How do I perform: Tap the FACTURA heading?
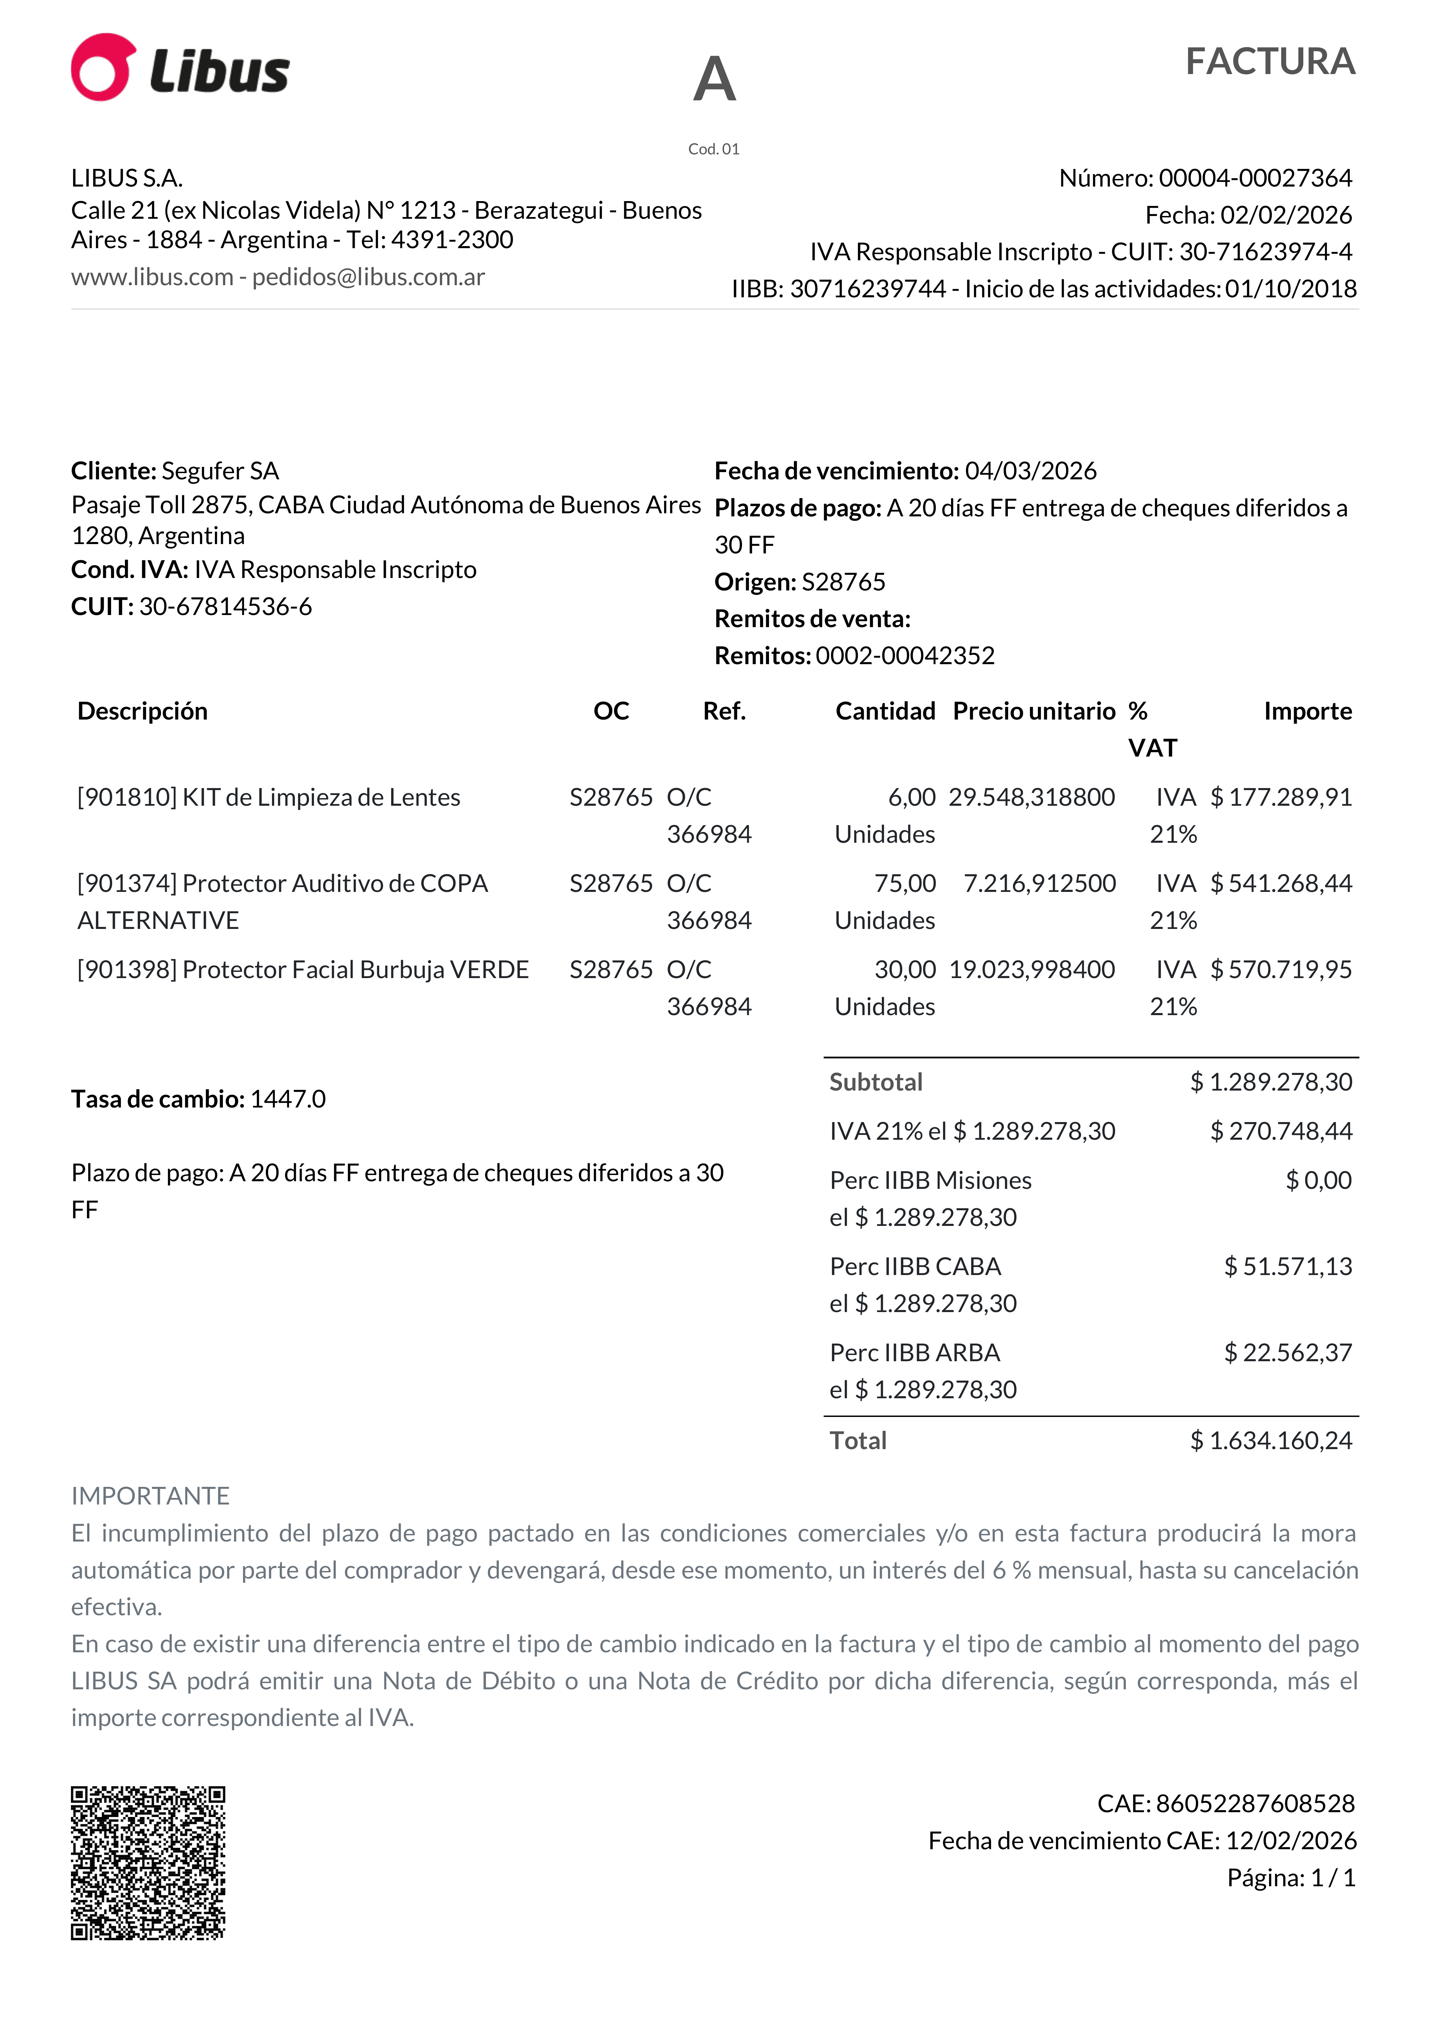[x=1269, y=62]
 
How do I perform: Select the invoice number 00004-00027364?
[x=1255, y=178]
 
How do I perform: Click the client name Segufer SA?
[x=220, y=471]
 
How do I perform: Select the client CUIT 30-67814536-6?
[x=226, y=606]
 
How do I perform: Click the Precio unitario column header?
[x=1034, y=711]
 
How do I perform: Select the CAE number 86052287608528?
[x=1255, y=1804]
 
